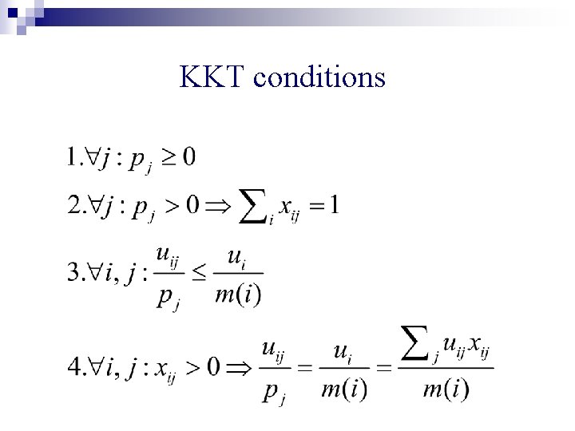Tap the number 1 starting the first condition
[73, 156]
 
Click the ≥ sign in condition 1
[166, 157]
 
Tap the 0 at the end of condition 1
[188, 156]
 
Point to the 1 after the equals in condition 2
[335, 206]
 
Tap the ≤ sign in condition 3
[200, 274]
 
